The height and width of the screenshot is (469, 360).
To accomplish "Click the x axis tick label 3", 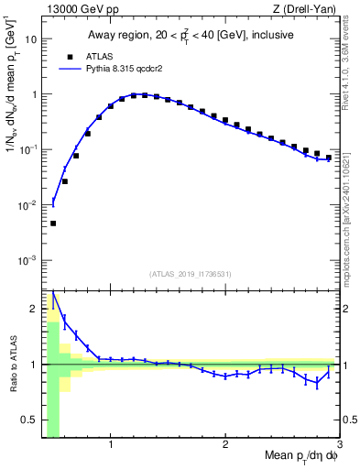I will [x=338, y=446].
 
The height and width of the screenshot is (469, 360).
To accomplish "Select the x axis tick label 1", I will [x=111, y=446].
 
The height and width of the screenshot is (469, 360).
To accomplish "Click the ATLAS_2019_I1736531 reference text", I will [x=191, y=274].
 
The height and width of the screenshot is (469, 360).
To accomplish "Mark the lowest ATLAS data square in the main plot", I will [x=53, y=224].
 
